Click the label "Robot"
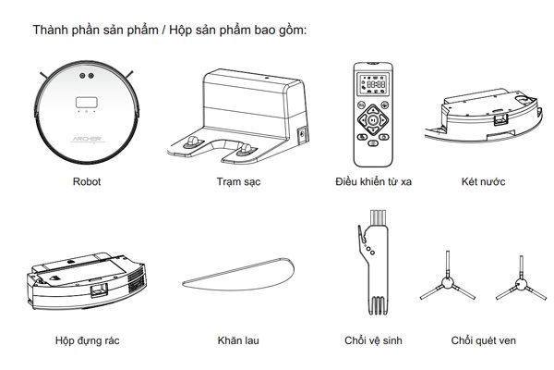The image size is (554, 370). point(87,182)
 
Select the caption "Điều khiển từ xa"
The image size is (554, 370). point(373,182)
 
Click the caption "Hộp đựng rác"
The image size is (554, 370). point(87,340)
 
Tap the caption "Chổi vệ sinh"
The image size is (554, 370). point(373,340)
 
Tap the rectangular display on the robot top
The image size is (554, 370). point(87,99)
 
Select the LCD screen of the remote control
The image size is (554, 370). point(374,83)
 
